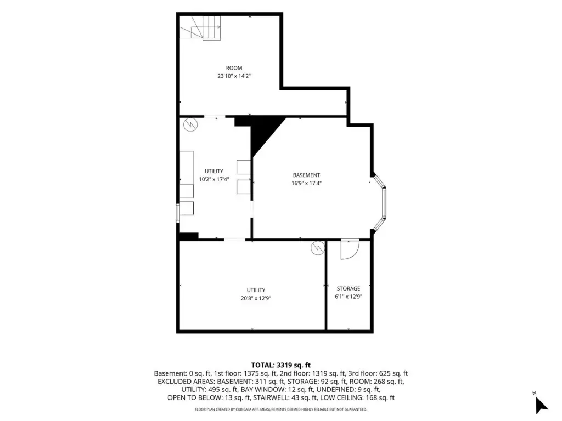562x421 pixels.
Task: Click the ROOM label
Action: (x=234, y=68)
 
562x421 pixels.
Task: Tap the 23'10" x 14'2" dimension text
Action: (x=234, y=76)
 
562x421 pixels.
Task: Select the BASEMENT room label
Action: (x=306, y=175)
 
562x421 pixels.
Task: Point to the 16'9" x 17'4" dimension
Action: (x=306, y=183)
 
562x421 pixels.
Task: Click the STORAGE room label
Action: (x=349, y=288)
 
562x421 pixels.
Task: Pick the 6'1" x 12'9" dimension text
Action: (x=349, y=297)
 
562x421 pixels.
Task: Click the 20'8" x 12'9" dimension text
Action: (x=256, y=298)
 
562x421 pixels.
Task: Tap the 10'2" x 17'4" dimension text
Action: (x=214, y=179)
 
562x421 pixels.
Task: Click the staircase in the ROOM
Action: (x=200, y=28)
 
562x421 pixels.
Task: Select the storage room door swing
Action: (x=350, y=249)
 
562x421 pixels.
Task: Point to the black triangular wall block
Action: (x=267, y=134)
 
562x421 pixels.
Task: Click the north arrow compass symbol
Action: (x=541, y=405)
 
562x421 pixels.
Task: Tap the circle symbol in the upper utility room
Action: (x=190, y=125)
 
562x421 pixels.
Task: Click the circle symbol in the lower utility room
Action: (x=318, y=248)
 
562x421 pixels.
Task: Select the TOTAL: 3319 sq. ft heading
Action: (x=281, y=365)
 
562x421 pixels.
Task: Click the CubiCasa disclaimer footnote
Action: (x=281, y=409)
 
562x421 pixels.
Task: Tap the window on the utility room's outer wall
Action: (x=178, y=213)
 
